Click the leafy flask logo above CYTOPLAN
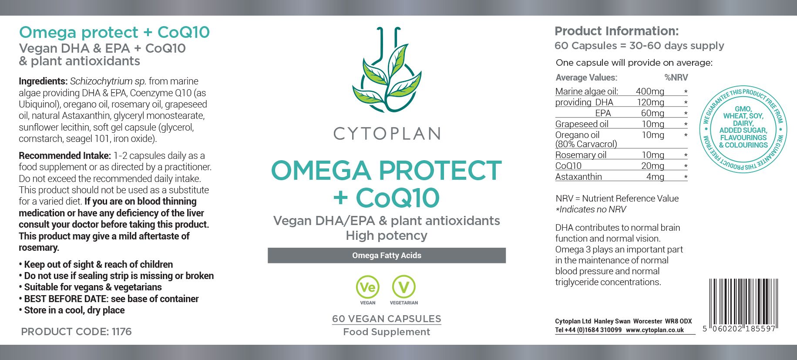387,70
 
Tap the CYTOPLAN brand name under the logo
387,134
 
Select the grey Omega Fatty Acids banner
387,256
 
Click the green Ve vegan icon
368,287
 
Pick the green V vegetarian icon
404,287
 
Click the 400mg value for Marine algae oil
650,91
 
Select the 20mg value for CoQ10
652,166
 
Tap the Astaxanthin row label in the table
578,177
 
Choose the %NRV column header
676,77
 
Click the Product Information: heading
616,31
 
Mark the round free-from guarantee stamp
743,129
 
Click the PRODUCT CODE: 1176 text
76,332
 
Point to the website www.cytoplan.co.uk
655,330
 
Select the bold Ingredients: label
43,81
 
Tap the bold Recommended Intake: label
65,155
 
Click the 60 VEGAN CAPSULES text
387,319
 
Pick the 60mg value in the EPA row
652,113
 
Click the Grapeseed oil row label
582,124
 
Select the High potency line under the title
387,236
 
